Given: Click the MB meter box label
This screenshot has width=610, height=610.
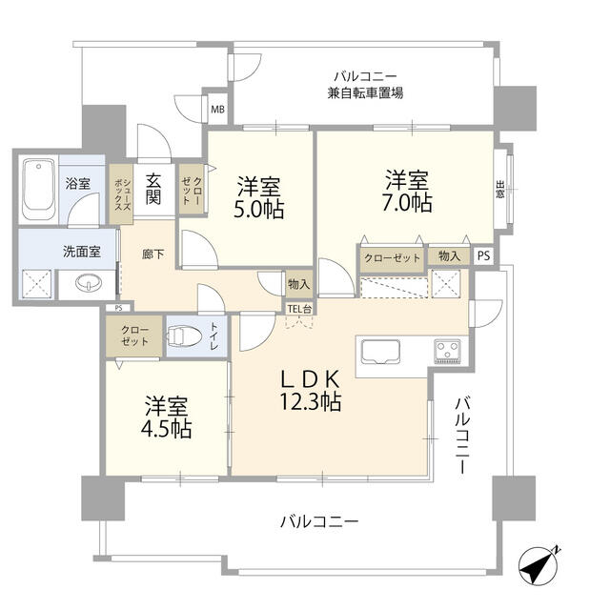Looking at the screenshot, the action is [217, 110].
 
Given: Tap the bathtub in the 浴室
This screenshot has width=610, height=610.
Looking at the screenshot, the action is [38, 189].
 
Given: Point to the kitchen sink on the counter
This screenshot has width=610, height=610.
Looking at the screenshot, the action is [380, 352].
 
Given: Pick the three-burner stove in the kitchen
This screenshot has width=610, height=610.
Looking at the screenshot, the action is [447, 352].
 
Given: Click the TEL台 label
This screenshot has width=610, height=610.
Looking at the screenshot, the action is [299, 309].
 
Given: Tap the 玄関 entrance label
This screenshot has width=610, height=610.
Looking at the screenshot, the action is [153, 189].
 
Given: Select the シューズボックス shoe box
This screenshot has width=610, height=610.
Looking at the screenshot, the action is [122, 194].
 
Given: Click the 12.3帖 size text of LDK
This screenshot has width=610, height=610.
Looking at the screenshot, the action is [311, 401].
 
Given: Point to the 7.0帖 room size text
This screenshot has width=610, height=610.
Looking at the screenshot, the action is [407, 203].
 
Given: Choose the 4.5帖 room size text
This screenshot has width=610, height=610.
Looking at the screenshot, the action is [167, 428].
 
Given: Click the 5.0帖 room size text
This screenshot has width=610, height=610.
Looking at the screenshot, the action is [258, 209].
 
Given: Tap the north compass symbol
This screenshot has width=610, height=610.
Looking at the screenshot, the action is [539, 565].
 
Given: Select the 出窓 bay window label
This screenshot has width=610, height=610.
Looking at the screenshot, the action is [499, 189].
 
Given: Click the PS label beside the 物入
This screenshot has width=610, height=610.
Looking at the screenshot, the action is [483, 256].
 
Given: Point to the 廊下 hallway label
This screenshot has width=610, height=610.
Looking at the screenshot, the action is [152, 254].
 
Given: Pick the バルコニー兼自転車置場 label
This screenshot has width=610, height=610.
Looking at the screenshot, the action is [365, 85].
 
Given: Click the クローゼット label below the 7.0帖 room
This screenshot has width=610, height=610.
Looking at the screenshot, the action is [392, 258].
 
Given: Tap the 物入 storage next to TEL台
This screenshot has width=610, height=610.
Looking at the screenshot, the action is [298, 284].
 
